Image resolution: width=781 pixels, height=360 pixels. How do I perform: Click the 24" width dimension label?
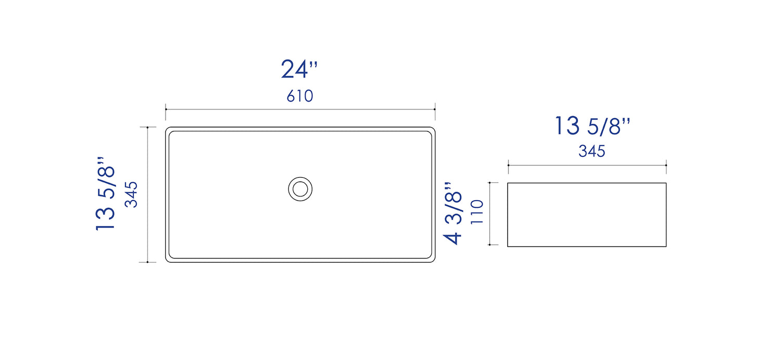click(299, 69)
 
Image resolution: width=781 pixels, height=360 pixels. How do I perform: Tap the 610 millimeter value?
click(300, 96)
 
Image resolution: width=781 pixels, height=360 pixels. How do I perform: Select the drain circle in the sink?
click(300, 189)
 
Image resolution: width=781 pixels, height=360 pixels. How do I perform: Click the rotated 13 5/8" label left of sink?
click(105, 194)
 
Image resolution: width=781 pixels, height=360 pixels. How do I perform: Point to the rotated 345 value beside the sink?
click(131, 195)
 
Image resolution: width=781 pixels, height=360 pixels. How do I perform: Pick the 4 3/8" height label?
click(452, 213)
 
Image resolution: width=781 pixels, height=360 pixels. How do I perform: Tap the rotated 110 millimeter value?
click(477, 212)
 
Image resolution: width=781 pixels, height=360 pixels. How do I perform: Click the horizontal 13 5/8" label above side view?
click(592, 126)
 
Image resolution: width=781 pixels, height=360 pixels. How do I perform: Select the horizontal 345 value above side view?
click(591, 151)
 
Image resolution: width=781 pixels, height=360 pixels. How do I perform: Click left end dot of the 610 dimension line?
click(166, 109)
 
